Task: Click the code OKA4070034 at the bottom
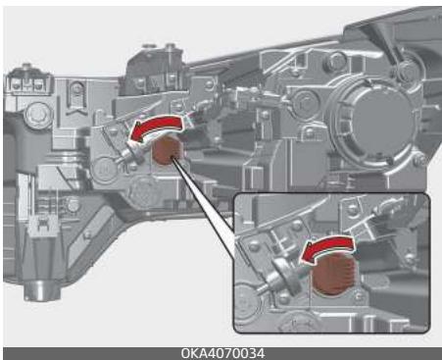[221, 352]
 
